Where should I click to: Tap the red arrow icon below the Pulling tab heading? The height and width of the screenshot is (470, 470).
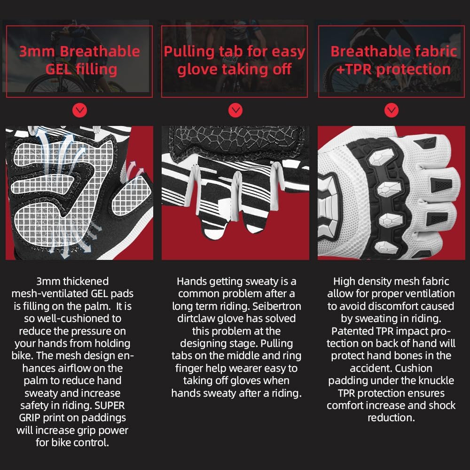tap(235, 111)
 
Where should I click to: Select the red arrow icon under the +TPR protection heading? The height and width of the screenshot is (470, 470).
tap(391, 111)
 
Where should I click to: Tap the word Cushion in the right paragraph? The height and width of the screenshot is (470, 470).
tap(413, 368)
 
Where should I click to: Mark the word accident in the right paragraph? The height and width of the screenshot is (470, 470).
tap(370, 368)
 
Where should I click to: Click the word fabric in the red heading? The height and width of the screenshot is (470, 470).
tap(430, 52)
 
